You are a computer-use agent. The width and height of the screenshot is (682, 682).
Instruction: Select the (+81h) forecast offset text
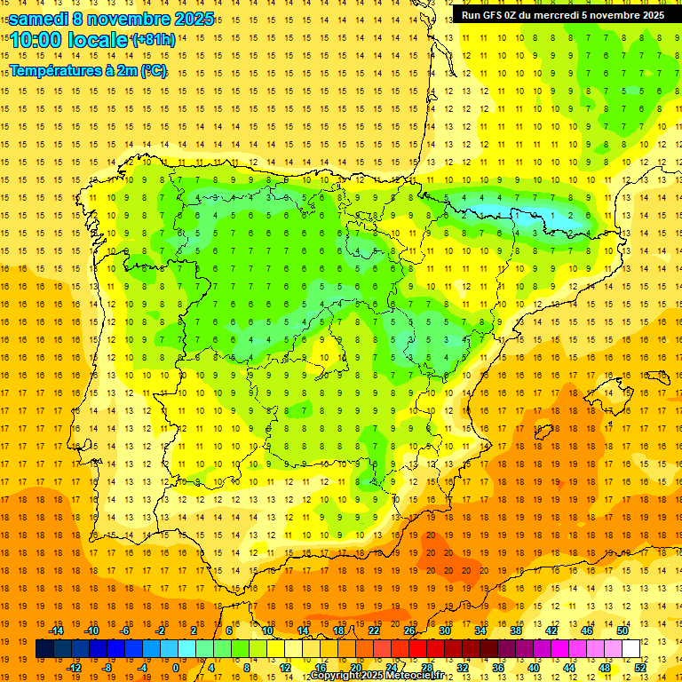(153, 40)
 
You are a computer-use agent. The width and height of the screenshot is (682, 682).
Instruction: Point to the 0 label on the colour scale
(176, 668)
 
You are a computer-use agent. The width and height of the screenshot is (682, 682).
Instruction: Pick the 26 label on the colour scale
(409, 630)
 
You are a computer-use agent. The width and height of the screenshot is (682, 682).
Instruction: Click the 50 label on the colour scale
(623, 630)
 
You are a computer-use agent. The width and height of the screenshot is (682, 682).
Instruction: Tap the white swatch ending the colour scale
(630, 649)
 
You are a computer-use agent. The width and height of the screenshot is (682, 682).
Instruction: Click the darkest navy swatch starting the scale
(44, 649)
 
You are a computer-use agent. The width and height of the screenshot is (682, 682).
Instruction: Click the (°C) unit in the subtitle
(153, 71)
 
